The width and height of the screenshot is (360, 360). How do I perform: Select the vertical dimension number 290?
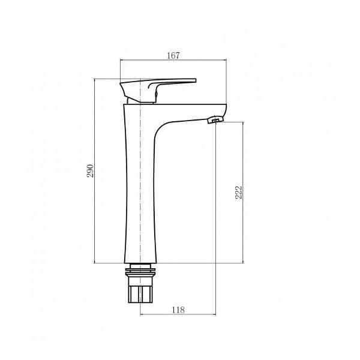[91, 170]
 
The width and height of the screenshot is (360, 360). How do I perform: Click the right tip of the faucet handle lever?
[194, 80]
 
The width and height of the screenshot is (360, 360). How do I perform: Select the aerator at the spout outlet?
[214, 121]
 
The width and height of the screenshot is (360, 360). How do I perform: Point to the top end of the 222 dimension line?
[242, 122]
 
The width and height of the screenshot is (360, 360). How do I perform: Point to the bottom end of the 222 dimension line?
[242, 263]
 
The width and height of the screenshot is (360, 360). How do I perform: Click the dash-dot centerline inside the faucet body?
[140, 180]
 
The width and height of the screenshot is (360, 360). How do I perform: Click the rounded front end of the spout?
[223, 112]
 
